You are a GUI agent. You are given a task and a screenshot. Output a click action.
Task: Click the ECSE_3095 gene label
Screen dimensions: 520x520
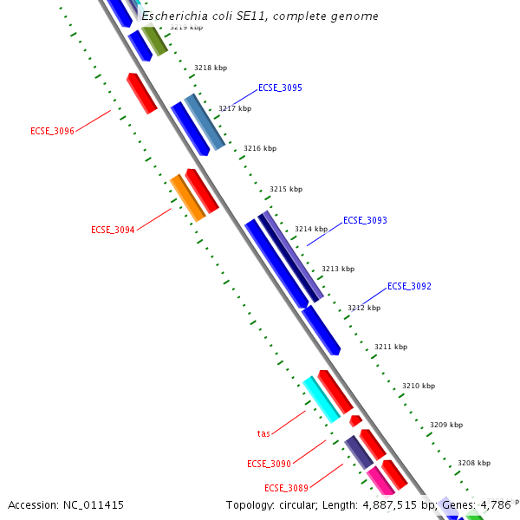pyautogui.click(x=280, y=88)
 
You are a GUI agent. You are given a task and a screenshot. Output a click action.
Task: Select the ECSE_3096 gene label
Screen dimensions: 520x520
pyautogui.click(x=52, y=132)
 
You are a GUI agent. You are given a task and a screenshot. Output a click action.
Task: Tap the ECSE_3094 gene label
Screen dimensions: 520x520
pyautogui.click(x=113, y=231)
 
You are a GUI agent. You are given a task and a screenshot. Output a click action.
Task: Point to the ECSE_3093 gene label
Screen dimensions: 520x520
pyautogui.click(x=365, y=221)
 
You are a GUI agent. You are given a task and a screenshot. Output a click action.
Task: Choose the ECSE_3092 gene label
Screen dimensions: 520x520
pyautogui.click(x=409, y=286)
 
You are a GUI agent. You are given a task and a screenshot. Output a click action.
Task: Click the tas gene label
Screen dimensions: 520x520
pyautogui.click(x=263, y=433)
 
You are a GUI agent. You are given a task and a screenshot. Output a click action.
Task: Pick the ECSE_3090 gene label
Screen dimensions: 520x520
pyautogui.click(x=269, y=465)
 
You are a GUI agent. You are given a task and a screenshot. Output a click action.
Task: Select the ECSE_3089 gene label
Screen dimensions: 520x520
pyautogui.click(x=286, y=488)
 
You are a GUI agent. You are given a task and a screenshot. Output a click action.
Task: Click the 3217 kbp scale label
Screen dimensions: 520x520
pyautogui.click(x=235, y=109)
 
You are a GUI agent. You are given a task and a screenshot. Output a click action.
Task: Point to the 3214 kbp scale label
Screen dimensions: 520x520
pyautogui.click(x=311, y=230)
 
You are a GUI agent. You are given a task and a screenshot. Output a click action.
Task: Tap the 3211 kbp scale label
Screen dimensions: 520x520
pyautogui.click(x=390, y=347)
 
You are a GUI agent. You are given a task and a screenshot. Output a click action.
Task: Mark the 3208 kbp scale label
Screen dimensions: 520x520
pyautogui.click(x=473, y=464)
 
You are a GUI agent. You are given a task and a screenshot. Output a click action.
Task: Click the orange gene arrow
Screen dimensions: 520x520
pyautogui.click(x=187, y=198)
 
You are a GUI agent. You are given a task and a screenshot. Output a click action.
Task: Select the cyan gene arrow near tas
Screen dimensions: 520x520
pyautogui.click(x=321, y=399)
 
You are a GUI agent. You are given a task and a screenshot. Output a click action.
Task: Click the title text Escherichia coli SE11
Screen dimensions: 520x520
pyautogui.click(x=260, y=16)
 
